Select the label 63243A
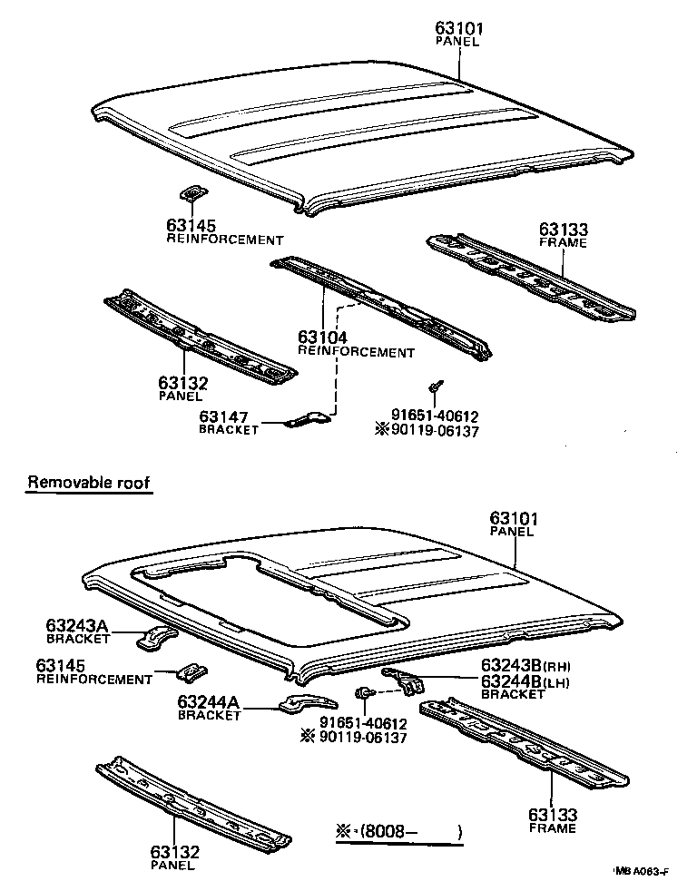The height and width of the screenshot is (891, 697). pyautogui.click(x=78, y=625)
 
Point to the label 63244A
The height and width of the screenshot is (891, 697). pyautogui.click(x=210, y=701)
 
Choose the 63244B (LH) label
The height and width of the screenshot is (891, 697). pyautogui.click(x=527, y=681)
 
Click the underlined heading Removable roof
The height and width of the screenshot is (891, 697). pyautogui.click(x=88, y=483)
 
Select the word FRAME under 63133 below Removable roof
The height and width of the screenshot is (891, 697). pyautogui.click(x=554, y=828)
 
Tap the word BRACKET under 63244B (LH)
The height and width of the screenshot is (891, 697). pyautogui.click(x=513, y=694)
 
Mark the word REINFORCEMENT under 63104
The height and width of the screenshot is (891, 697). pyautogui.click(x=356, y=352)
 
